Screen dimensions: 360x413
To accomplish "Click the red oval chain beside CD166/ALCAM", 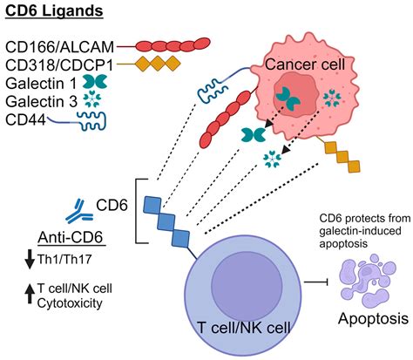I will point(174,44).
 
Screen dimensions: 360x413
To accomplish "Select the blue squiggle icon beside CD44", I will point(86,120).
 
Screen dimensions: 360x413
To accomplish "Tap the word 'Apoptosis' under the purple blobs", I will point(364,319).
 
